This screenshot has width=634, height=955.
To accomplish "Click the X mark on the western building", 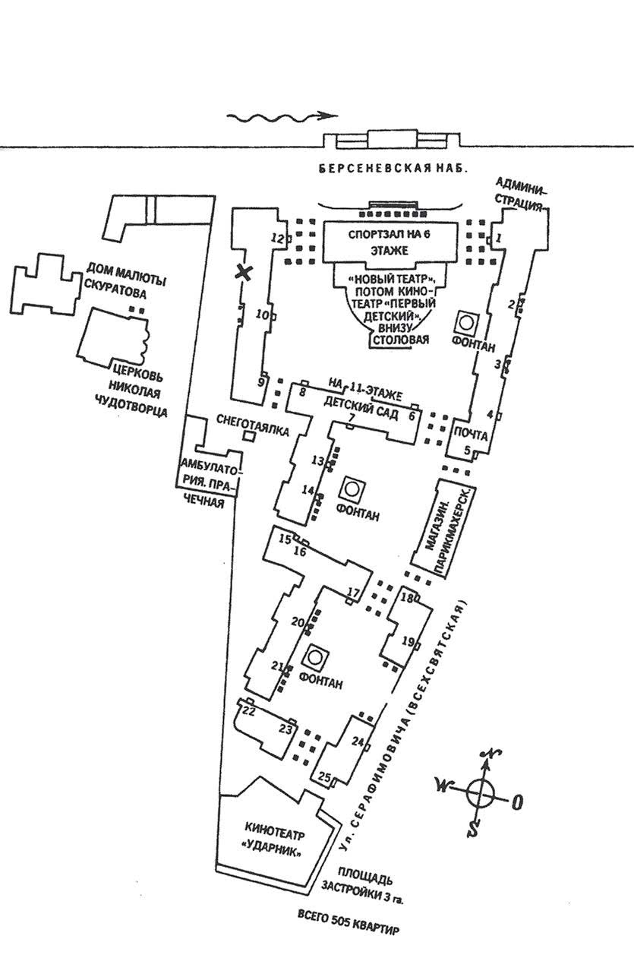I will (244, 273).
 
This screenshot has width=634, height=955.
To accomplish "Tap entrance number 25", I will (325, 776).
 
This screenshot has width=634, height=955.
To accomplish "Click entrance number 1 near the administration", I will (499, 239).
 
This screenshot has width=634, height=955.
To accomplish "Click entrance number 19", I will (408, 642).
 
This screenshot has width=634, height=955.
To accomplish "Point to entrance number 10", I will (263, 315).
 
